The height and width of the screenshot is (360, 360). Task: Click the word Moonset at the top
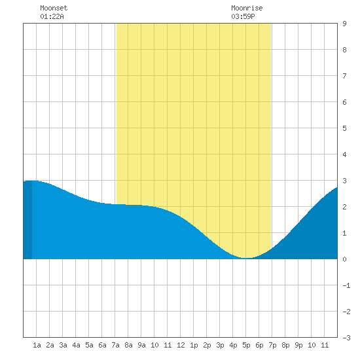pyautogui.click(x=54, y=8)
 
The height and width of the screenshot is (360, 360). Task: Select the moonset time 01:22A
pyautogui.click(x=52, y=16)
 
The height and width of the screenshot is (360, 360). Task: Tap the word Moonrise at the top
pyautogui.click(x=247, y=8)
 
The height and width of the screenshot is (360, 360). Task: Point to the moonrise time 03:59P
pyautogui.click(x=243, y=16)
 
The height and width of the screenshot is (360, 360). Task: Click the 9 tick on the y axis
pyautogui.click(x=344, y=24)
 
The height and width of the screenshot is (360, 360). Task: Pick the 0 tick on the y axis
pyautogui.click(x=344, y=259)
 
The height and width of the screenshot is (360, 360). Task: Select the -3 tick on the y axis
pyautogui.click(x=346, y=338)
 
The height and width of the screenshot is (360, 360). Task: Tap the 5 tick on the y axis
pyautogui.click(x=344, y=128)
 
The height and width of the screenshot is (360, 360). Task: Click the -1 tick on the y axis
pyautogui.click(x=346, y=285)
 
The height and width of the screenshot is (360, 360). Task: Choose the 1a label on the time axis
pyautogui.click(x=37, y=345)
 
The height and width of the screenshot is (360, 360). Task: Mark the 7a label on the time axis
pyautogui.click(x=115, y=345)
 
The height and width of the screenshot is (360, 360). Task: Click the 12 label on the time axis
pyautogui.click(x=181, y=345)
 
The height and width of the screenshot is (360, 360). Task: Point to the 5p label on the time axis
pyautogui.click(x=246, y=345)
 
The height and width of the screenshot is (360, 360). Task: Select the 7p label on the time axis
pyautogui.click(x=272, y=345)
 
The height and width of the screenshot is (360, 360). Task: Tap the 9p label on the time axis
pyautogui.click(x=298, y=345)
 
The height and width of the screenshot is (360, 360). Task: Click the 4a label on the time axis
pyautogui.click(x=76, y=345)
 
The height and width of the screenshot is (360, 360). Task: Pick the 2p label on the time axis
pyautogui.click(x=207, y=345)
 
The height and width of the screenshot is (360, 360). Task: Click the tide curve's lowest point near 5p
pyautogui.click(x=246, y=258)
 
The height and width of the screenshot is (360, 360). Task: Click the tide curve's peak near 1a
pyautogui.click(x=32, y=181)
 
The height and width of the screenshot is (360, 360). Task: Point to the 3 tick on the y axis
pyautogui.click(x=344, y=181)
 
